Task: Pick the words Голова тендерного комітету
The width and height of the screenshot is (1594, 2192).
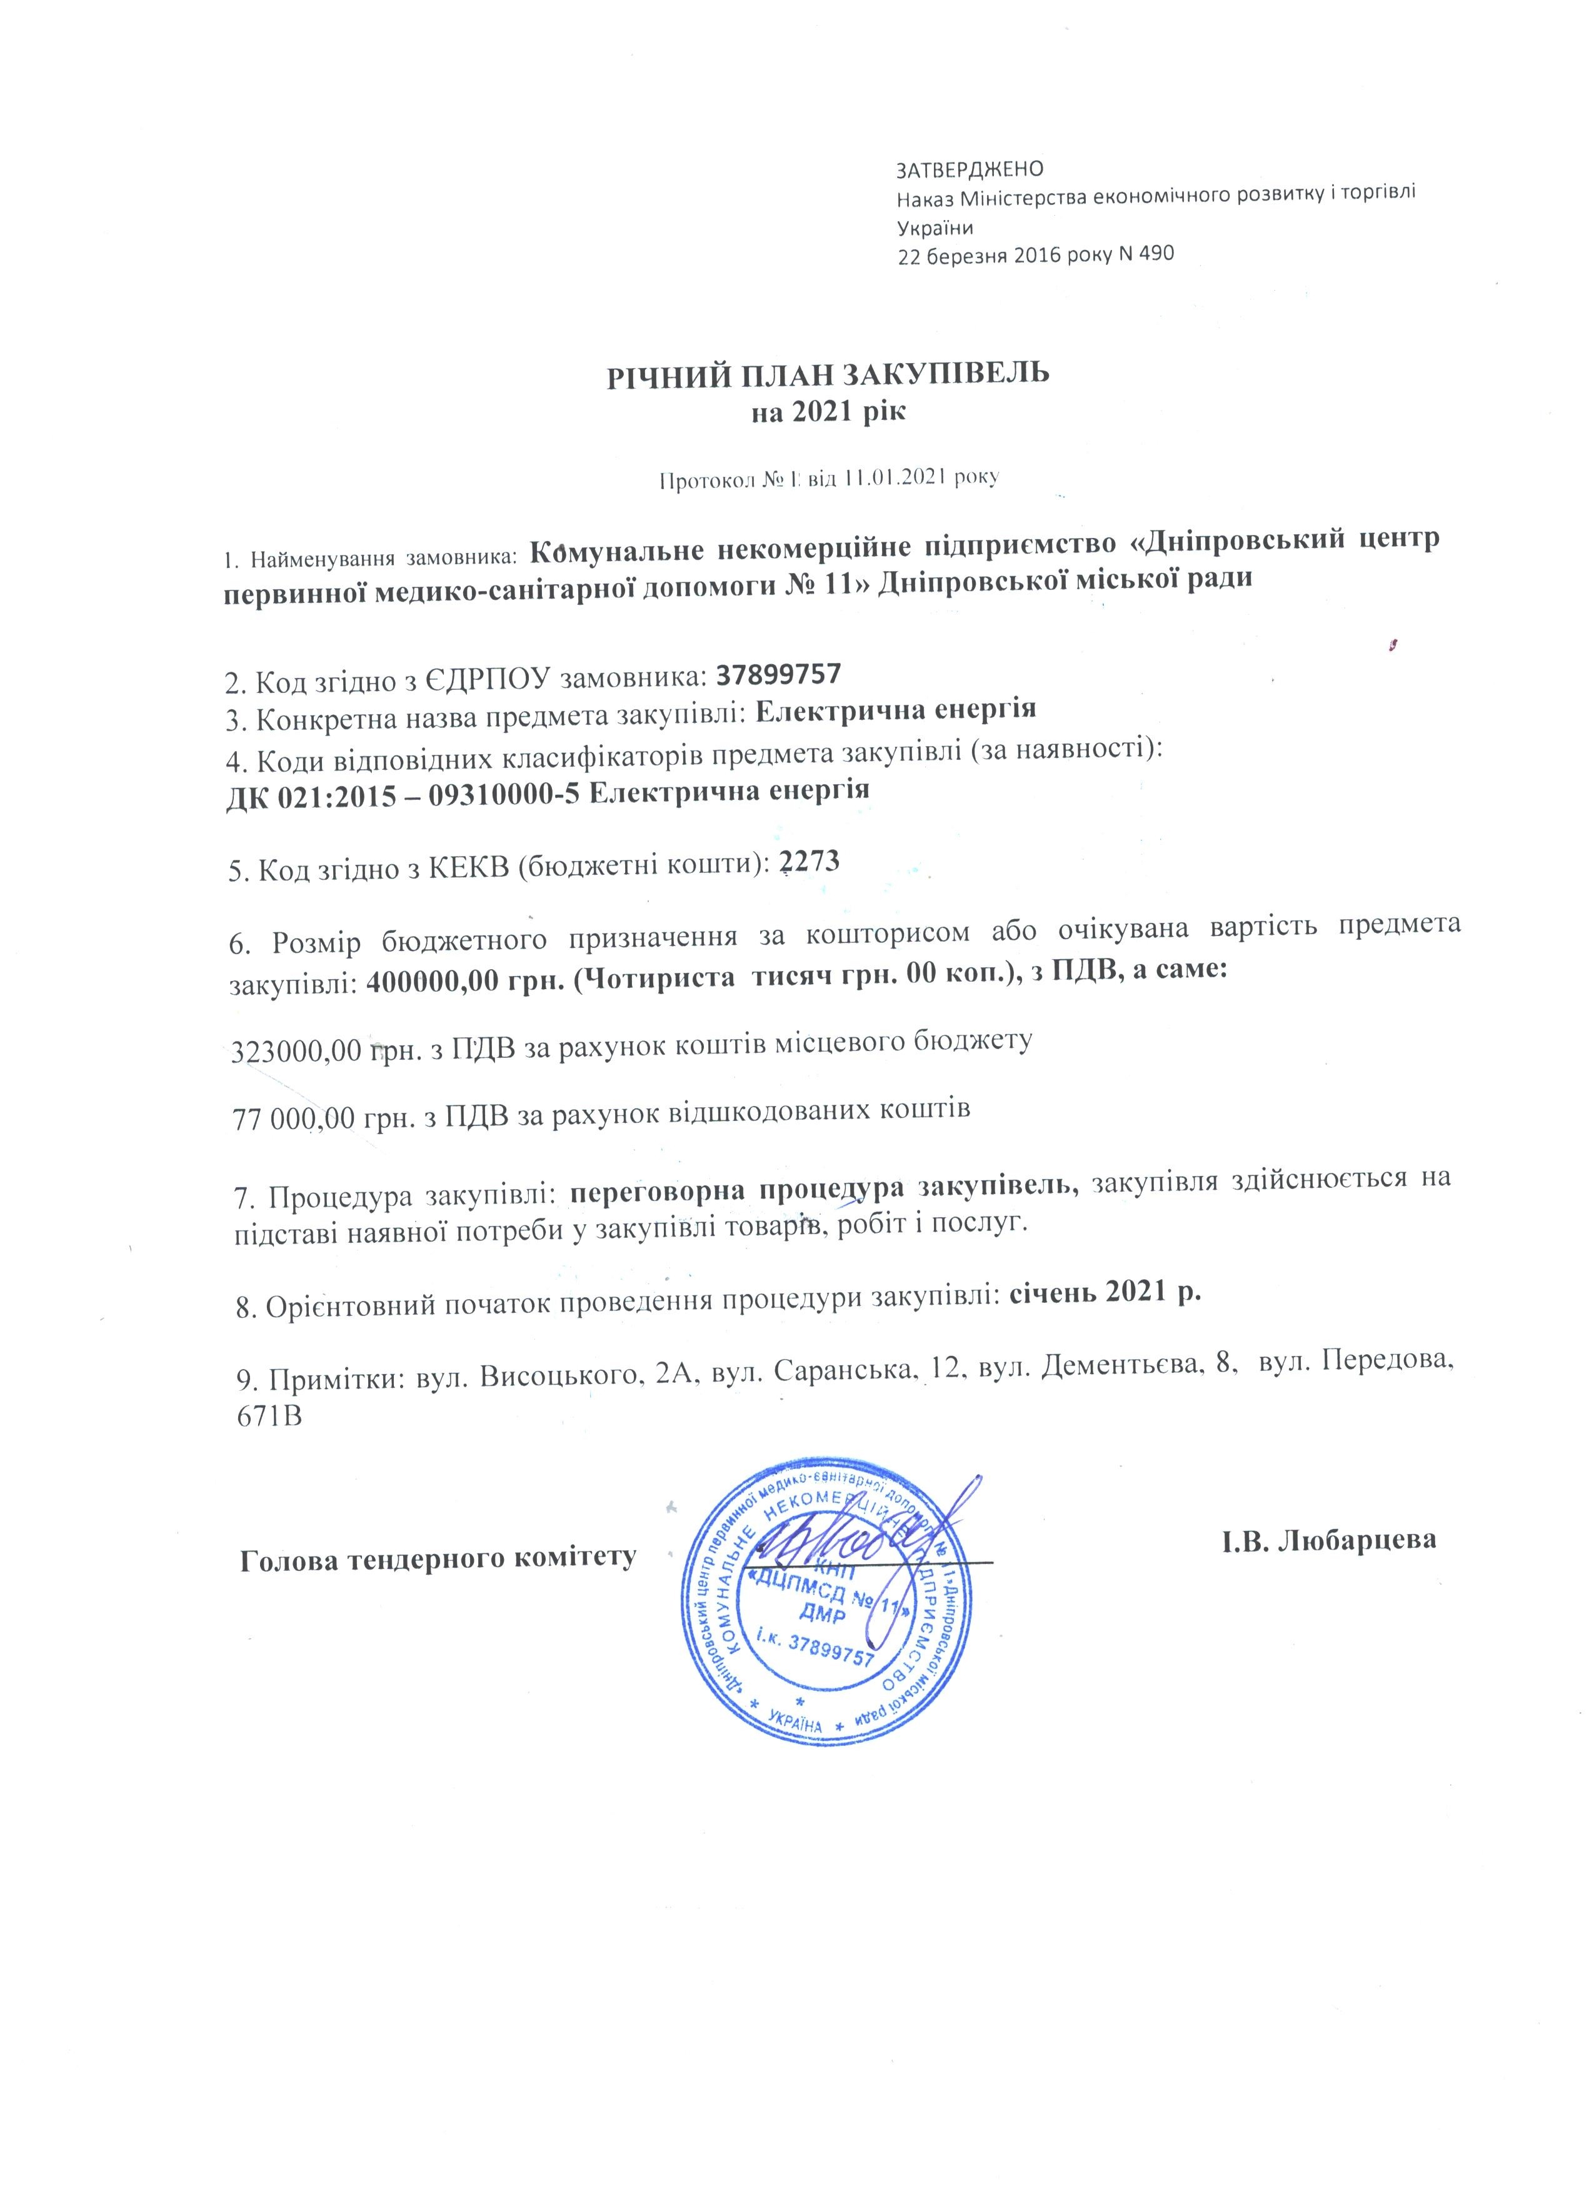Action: point(438,1557)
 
